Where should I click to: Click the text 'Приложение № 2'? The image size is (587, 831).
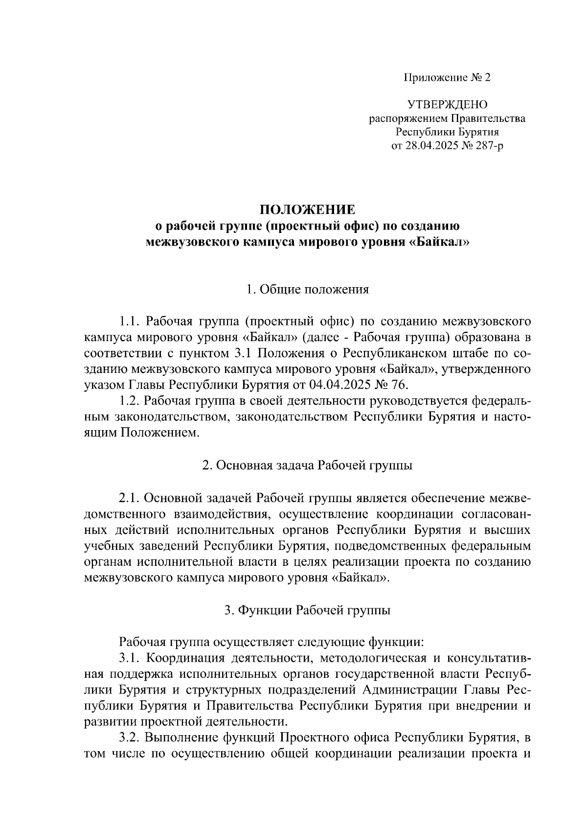[447, 77]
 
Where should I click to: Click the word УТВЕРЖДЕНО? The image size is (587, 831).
[447, 104]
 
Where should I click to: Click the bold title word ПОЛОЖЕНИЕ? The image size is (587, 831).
[307, 210]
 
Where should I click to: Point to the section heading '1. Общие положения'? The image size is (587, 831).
[307, 289]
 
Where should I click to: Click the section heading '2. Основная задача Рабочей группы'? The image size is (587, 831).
[307, 465]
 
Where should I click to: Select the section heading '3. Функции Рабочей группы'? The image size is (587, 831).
[307, 610]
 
